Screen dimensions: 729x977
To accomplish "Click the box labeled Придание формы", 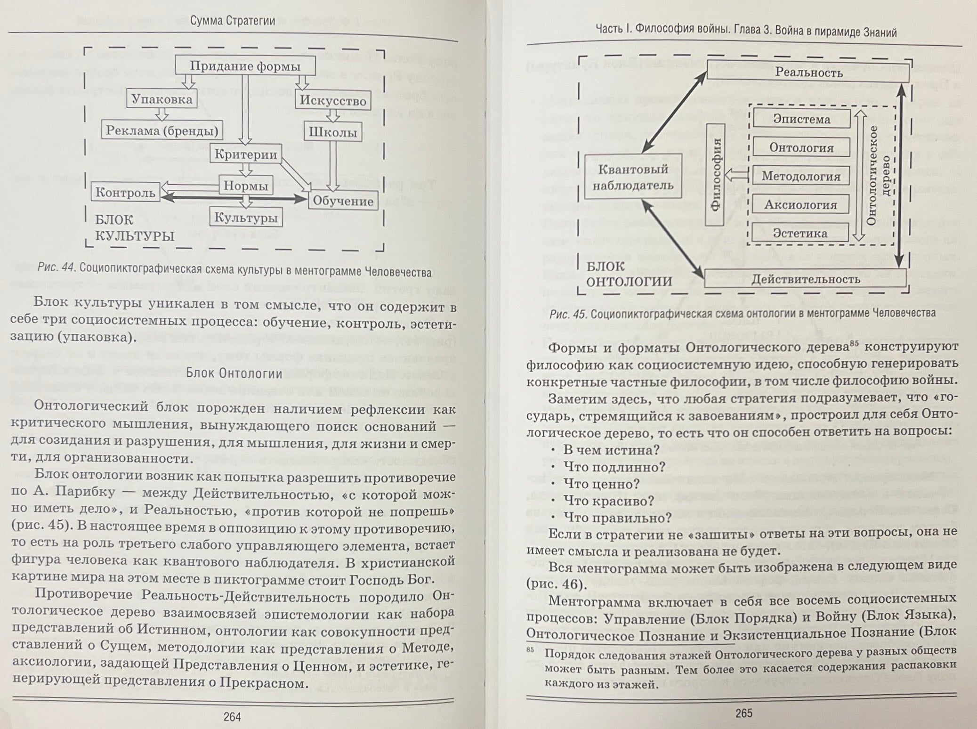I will point(245,66).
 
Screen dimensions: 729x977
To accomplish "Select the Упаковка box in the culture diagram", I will point(161,99).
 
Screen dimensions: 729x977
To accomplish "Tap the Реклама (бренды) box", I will point(162,130).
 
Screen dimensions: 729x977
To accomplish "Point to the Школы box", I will point(333,132).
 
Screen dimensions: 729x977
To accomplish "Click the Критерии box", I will point(246,154).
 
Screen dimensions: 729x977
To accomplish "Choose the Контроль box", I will point(125,193).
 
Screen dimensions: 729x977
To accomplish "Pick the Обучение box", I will point(343,201).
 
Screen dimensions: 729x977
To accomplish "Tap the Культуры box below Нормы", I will point(246,218).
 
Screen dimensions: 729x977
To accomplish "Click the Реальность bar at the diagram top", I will point(808,73).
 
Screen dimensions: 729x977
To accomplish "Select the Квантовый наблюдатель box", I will point(633,177).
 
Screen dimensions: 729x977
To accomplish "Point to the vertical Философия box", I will point(716,176).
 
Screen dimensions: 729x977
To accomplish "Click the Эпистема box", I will point(801,119).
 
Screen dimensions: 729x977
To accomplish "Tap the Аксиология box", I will point(800,205).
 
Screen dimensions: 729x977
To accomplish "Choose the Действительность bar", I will point(805,279).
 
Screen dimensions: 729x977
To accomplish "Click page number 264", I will point(232,717).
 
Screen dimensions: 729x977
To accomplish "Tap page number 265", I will point(744,713).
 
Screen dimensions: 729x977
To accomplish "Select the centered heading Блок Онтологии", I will point(234,373).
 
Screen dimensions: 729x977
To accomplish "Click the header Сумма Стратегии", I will point(233,21).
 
